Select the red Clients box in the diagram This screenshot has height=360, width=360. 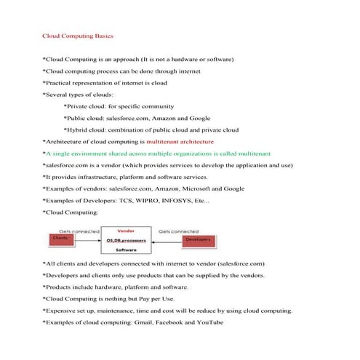[x=60, y=238]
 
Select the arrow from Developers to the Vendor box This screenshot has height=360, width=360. [x=164, y=239]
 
